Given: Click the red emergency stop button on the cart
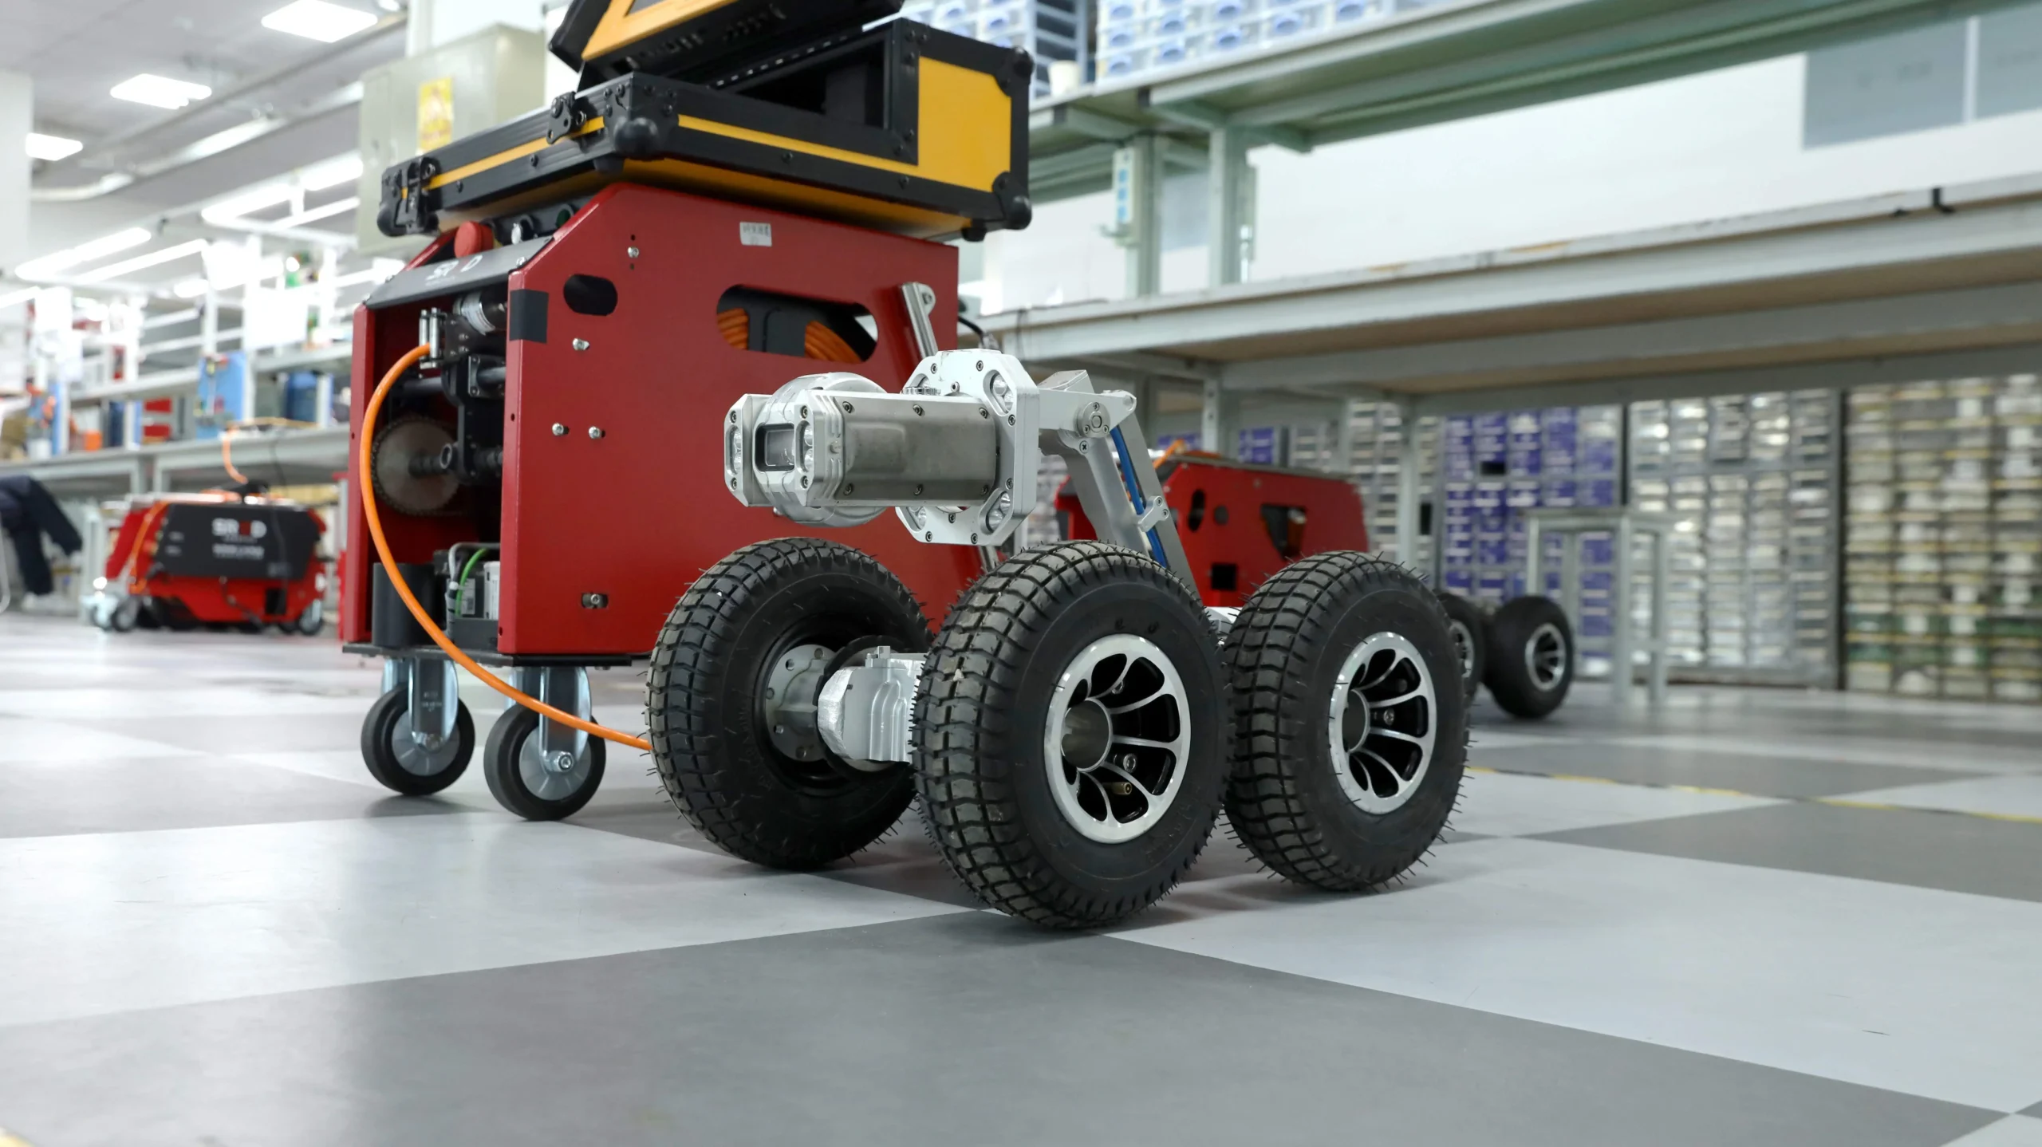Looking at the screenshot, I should coord(466,236).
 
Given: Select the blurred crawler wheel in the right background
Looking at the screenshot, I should coord(1532,658).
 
